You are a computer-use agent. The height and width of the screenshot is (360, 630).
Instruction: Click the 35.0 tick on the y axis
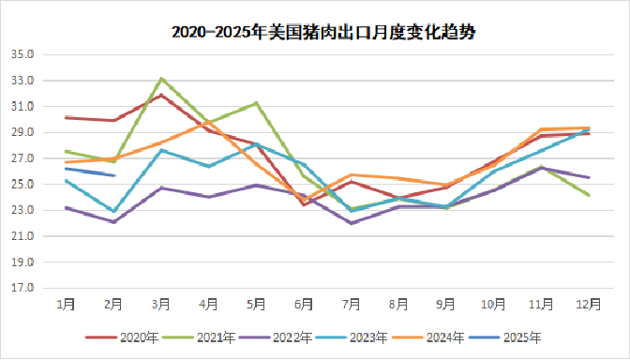(x=22, y=54)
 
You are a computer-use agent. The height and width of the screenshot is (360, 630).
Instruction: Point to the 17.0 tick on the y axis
(x=22, y=288)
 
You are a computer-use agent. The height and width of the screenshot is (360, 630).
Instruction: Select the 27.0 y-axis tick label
(x=22, y=158)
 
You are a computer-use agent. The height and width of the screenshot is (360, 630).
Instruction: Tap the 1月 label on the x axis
(x=67, y=305)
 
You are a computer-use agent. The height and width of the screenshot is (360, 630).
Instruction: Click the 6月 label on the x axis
(x=304, y=305)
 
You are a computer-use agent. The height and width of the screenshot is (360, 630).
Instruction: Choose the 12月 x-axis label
(x=588, y=305)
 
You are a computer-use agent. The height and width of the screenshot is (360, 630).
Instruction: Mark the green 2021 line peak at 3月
(x=161, y=79)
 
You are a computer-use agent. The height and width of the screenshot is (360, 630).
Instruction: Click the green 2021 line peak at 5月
(x=256, y=103)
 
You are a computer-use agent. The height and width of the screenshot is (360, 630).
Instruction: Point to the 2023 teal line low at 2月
(x=113, y=212)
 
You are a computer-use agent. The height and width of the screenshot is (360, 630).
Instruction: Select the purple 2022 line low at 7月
(x=351, y=223)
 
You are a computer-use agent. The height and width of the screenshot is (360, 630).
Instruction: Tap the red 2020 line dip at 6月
(x=304, y=204)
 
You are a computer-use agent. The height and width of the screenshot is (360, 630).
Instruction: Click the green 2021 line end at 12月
(x=588, y=195)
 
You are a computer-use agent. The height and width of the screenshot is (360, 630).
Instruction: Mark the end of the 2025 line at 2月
(x=113, y=175)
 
